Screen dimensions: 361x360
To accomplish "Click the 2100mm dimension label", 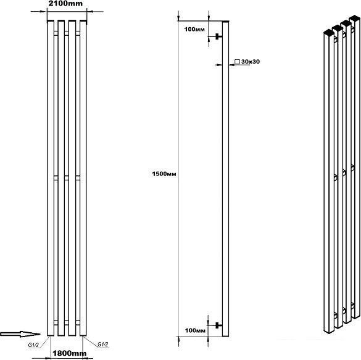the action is [x=65, y=4].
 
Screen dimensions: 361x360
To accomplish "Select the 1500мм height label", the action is [x=164, y=174].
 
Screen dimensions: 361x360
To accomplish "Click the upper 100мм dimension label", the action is [x=194, y=29].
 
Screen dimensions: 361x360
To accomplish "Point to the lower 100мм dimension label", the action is [x=195, y=330].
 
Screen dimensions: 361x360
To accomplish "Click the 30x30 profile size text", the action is [x=251, y=62].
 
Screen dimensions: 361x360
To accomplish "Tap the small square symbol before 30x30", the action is [x=237, y=62].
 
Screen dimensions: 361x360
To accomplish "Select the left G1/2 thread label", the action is [x=33, y=345].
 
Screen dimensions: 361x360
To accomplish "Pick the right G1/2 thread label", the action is [x=103, y=345].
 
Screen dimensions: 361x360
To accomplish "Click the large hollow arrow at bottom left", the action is [x=20, y=334].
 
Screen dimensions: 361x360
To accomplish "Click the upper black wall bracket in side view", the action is [x=217, y=36].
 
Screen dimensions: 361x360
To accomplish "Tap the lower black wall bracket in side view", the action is [x=217, y=325].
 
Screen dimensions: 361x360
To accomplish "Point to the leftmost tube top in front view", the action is [x=51, y=22].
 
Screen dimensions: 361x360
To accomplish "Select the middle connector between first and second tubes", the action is [x=56, y=178].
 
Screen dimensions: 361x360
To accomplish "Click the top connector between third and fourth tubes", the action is [x=78, y=33].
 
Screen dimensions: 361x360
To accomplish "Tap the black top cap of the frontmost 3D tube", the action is [x=329, y=33].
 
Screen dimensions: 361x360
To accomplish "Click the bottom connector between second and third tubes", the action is [x=67, y=322].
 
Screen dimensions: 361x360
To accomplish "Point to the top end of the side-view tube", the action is [x=226, y=22].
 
